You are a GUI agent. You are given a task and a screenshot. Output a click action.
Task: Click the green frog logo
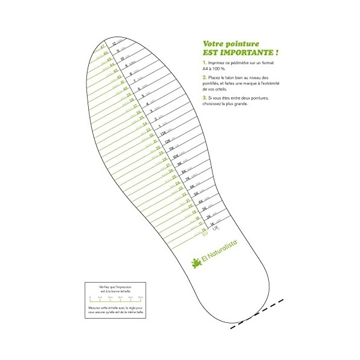point(195,262)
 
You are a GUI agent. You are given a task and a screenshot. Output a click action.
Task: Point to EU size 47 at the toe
point(103,46)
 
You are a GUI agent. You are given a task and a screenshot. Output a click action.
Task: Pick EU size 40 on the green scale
point(124,89)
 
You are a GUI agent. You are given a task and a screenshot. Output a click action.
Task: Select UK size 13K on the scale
point(163,133)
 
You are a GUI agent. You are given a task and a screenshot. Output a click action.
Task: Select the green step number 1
point(205,62)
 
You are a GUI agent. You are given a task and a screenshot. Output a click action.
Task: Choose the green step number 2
point(205,77)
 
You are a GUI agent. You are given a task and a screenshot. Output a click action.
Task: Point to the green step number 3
point(205,97)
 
